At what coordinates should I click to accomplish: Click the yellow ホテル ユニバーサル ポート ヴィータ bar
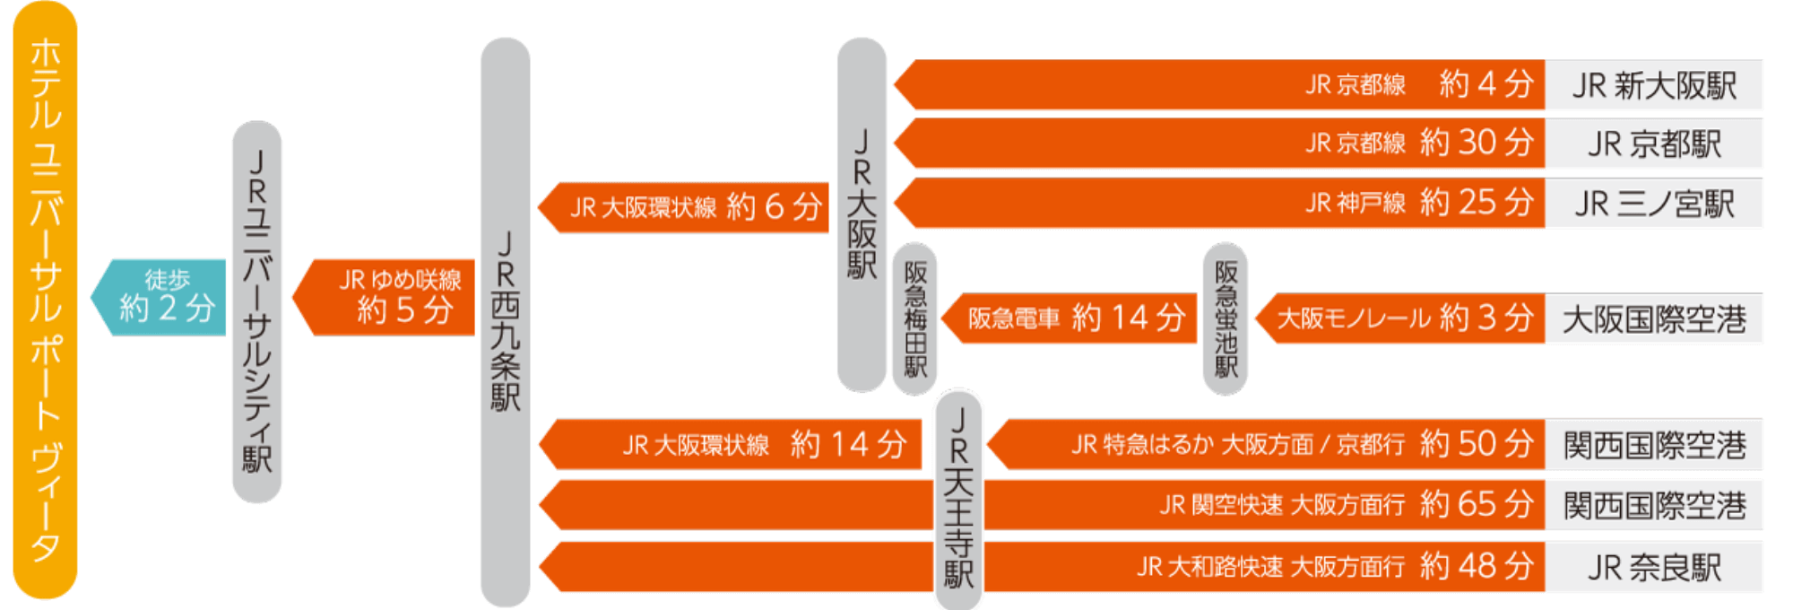(45, 301)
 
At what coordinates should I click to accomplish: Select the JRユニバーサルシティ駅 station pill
(257, 311)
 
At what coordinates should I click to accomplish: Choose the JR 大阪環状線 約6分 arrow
(690, 207)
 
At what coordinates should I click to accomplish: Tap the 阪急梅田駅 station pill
(914, 318)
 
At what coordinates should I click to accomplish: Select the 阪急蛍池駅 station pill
(1226, 318)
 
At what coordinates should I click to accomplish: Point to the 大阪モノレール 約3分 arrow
(1403, 318)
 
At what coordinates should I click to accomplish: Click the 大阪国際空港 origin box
(1654, 318)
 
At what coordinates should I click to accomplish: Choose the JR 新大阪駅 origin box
(1654, 85)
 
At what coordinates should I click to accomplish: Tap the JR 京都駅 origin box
(1654, 144)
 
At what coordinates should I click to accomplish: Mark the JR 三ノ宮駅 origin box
(1654, 204)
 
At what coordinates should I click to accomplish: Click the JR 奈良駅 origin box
(1654, 567)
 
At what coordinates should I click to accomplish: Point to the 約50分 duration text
(1477, 444)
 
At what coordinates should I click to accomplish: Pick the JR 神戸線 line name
(1356, 204)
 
